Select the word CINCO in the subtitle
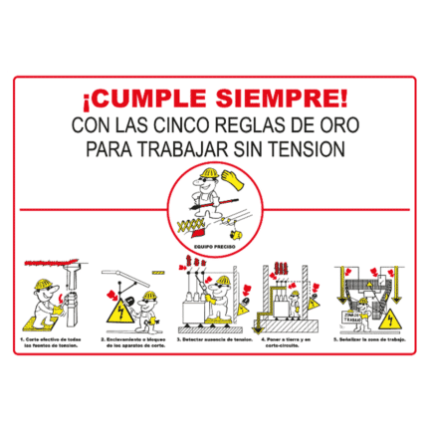188,126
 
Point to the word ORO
339,126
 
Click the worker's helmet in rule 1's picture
45,286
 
